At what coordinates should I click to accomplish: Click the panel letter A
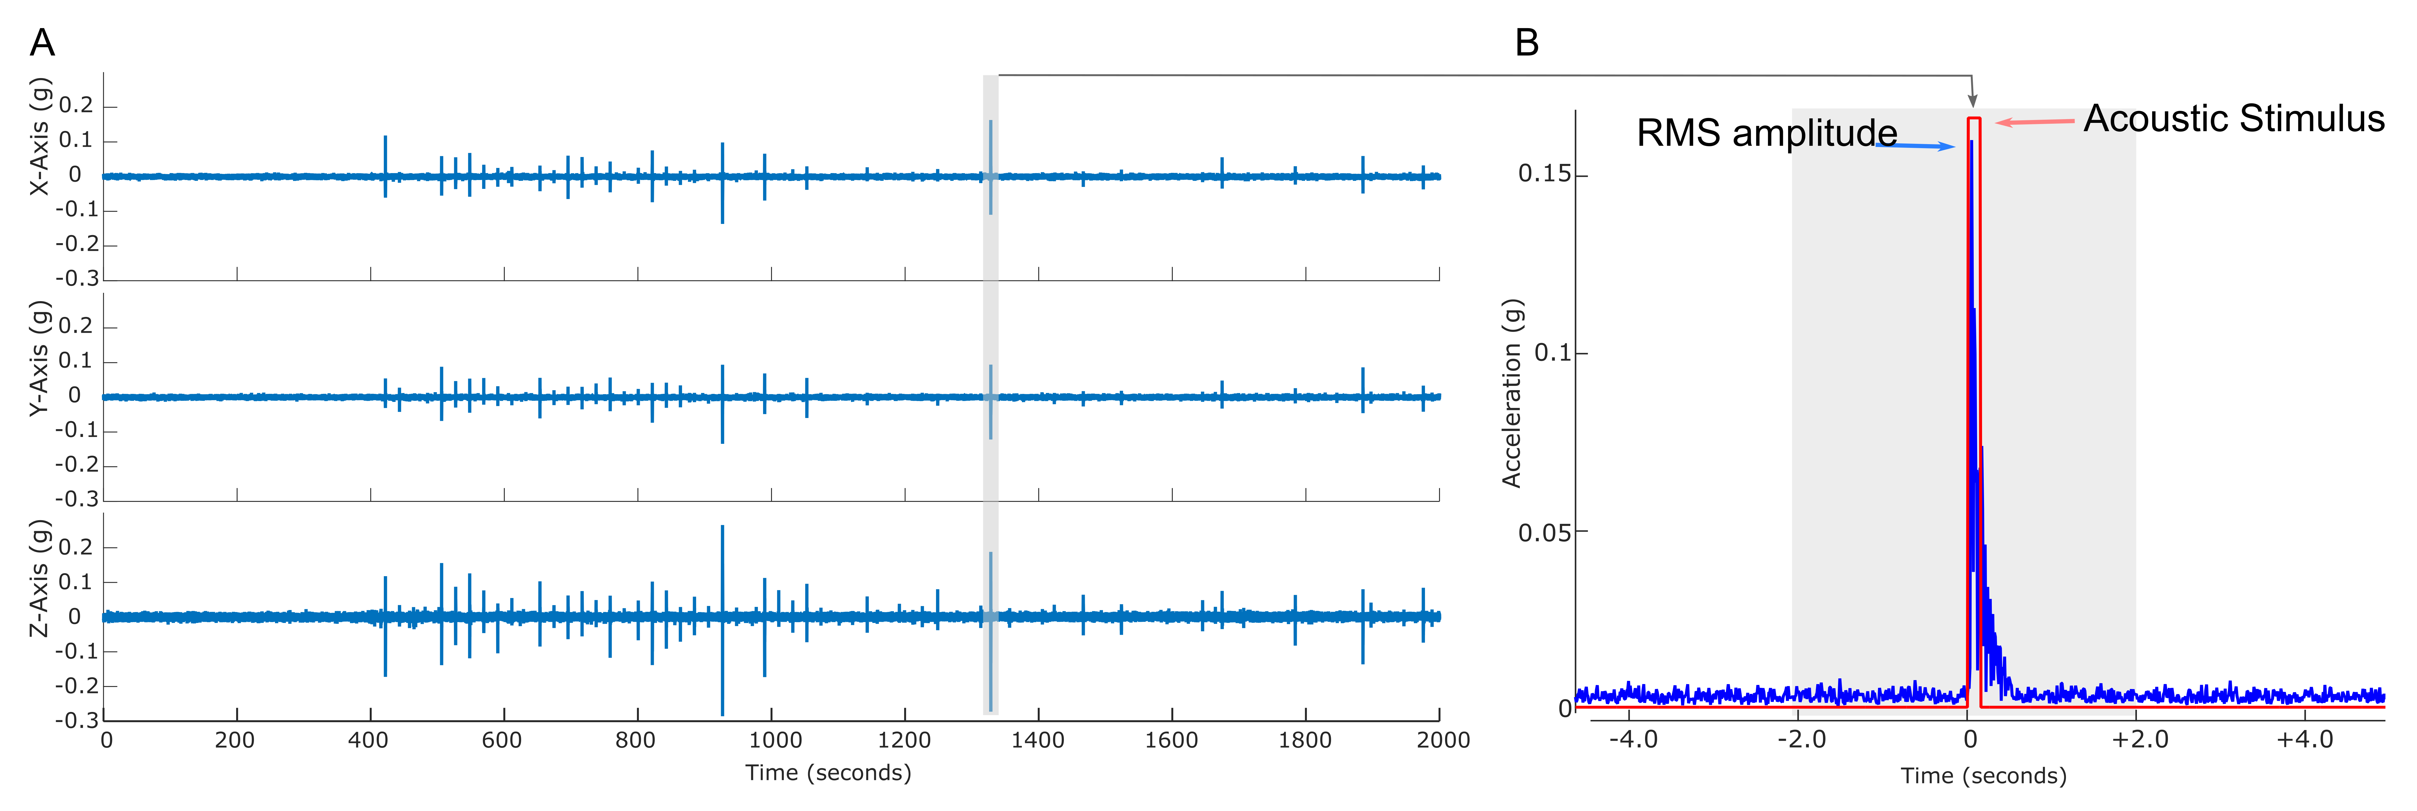[42, 42]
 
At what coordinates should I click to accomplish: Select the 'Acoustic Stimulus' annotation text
[2234, 119]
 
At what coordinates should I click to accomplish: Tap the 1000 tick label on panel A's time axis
[775, 740]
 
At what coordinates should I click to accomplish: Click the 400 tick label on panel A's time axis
[369, 740]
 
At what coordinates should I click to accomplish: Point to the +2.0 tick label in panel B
[2140, 740]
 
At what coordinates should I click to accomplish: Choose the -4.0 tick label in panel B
[1634, 740]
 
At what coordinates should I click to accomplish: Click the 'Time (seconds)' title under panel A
[829, 773]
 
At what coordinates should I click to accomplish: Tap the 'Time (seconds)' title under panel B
[1983, 775]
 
